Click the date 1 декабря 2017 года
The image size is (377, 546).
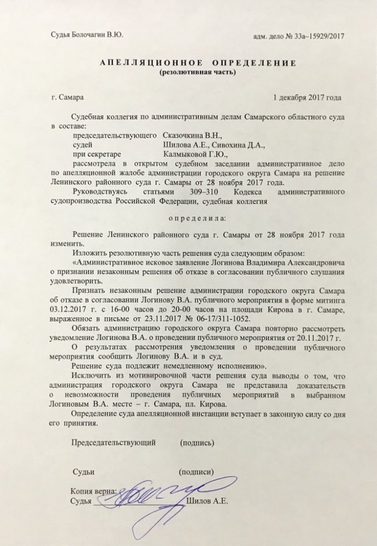point(307,98)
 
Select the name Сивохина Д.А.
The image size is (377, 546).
point(241,144)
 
